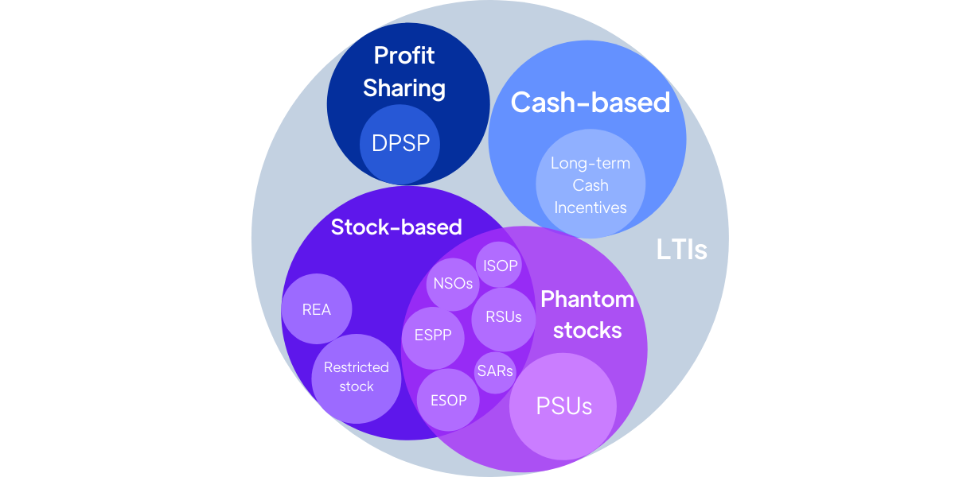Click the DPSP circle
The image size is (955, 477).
tap(400, 143)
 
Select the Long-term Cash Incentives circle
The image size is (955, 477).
tap(591, 184)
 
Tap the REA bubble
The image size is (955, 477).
tap(317, 309)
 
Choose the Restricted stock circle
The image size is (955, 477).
tap(356, 378)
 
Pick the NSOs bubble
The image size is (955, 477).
tap(453, 284)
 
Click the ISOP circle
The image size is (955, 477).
tap(500, 266)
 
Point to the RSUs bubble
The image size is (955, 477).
tap(503, 317)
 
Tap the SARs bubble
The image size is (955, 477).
tap(495, 370)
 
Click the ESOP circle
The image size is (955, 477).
tap(449, 400)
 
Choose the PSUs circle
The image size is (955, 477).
tap(563, 406)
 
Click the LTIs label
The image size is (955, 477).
tap(681, 250)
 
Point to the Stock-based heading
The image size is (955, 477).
tap(396, 227)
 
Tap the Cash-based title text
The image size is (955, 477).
tap(590, 103)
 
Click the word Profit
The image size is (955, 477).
tap(404, 56)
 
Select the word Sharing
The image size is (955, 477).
tap(404, 87)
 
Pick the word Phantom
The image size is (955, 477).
tap(587, 299)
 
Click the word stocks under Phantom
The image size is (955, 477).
tap(587, 330)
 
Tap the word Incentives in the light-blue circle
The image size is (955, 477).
tap(591, 207)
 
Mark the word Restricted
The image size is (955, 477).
tap(356, 367)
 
